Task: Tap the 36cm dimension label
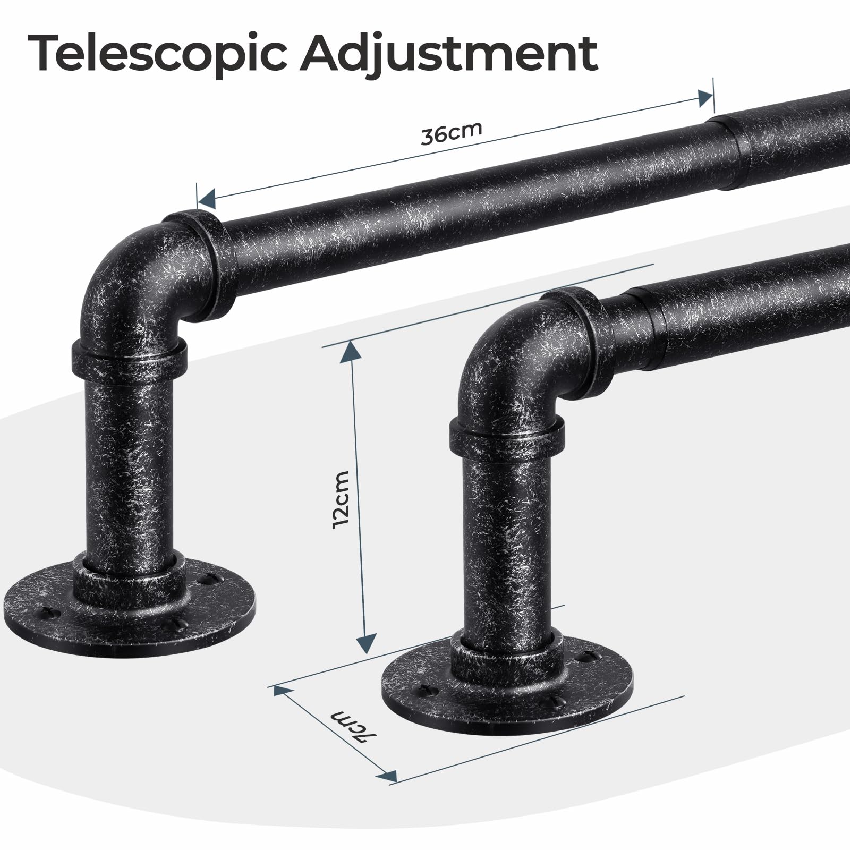[452, 133]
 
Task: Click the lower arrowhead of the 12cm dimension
[364, 643]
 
